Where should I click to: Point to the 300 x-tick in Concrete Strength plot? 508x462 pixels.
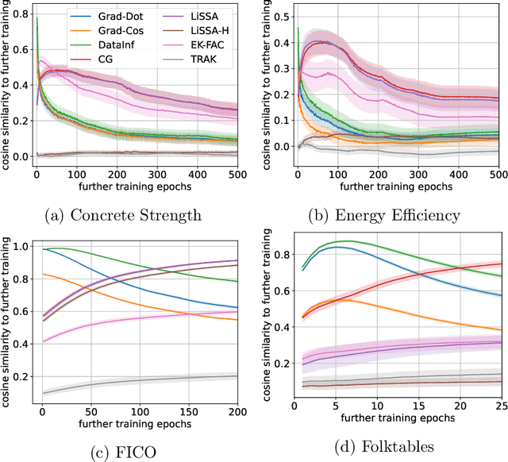(202, 174)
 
